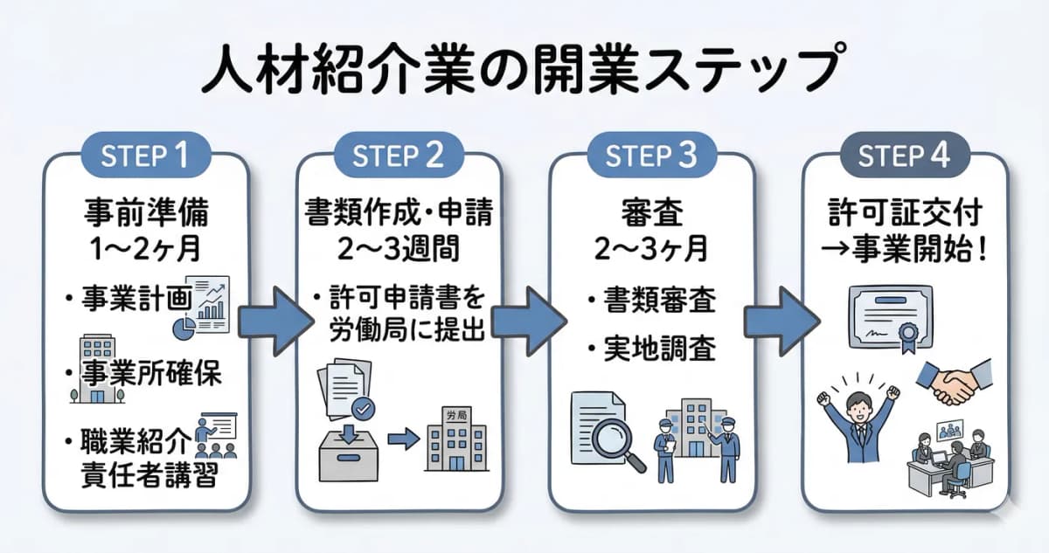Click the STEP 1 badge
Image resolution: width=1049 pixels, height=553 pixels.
[145, 157]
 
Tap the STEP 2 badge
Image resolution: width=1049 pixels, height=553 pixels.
[399, 157]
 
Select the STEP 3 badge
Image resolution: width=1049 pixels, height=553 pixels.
[651, 157]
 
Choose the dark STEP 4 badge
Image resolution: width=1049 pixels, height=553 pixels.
[904, 157]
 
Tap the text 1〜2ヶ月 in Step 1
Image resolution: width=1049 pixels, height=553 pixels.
[145, 248]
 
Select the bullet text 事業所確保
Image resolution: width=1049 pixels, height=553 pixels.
[154, 374]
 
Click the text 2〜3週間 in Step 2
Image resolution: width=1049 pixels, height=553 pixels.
[399, 248]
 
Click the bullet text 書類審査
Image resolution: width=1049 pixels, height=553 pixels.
[660, 301]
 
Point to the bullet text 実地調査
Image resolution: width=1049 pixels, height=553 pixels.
[660, 350]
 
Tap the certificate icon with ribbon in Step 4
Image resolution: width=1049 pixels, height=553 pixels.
[883, 320]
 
